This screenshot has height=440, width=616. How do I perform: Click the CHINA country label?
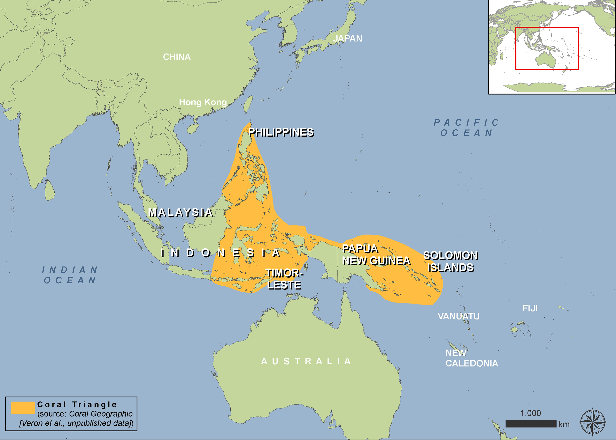coord(177,57)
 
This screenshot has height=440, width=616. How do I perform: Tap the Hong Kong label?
coord(203,102)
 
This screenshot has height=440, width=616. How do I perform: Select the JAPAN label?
coord(347,38)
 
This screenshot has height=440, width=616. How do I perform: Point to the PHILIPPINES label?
coord(281,132)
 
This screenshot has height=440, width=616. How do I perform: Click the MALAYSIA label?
coord(180,213)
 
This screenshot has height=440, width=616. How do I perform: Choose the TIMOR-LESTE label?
coord(284,279)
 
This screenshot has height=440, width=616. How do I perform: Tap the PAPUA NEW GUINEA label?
coord(376,255)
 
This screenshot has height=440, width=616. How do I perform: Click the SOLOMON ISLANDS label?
coord(451,262)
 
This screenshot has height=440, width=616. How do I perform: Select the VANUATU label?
coord(459,316)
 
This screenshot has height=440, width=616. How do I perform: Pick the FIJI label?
coord(530,308)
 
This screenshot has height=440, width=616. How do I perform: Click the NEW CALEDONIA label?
coord(471,358)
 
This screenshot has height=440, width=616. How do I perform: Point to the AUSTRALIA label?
coord(306,361)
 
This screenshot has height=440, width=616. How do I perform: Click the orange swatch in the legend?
coord(23,408)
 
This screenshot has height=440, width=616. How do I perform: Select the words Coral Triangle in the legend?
coord(77,404)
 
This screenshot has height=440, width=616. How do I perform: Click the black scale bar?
coord(531,424)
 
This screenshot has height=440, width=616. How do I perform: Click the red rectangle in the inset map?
coord(516,49)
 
